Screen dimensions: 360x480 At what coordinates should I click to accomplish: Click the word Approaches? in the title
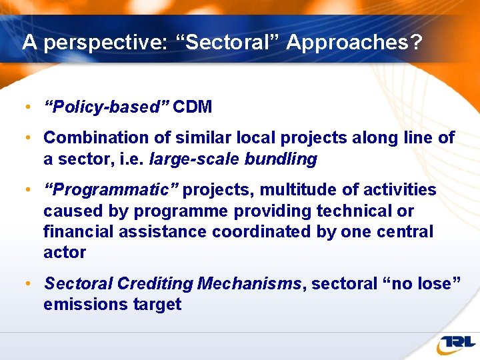(354, 43)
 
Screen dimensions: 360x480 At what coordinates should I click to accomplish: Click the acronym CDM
(193, 107)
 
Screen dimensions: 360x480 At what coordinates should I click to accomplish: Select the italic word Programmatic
(111, 190)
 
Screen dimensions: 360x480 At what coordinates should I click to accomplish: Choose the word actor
(65, 253)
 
